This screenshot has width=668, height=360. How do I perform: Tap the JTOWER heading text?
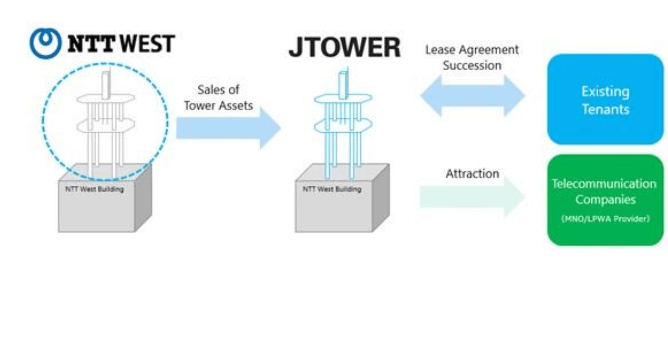click(345, 48)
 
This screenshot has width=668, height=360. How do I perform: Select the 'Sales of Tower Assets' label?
click(218, 98)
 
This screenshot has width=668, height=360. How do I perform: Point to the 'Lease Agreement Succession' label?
click(472, 57)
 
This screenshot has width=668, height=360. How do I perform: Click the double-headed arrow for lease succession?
click(472, 95)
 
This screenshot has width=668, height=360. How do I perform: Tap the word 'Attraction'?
click(472, 174)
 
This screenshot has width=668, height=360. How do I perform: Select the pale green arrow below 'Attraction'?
click(471, 197)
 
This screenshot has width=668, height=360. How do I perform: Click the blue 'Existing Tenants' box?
click(605, 100)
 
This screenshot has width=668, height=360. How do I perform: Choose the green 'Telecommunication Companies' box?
click(605, 200)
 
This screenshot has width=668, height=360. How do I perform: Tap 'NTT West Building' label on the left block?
click(95, 189)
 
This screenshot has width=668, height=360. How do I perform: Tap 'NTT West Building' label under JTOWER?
click(332, 189)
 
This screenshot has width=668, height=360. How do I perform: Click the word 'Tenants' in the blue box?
click(605, 109)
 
